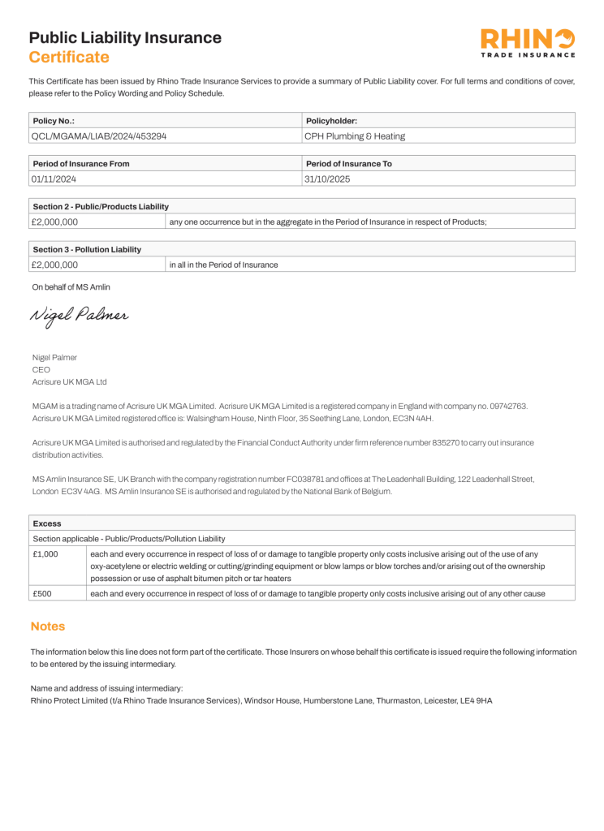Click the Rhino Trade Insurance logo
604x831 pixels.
click(527, 43)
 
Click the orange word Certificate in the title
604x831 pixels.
click(69, 57)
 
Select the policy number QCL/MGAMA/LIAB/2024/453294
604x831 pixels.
click(98, 136)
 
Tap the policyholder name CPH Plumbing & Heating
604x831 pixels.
click(355, 136)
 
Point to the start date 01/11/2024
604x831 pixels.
click(54, 179)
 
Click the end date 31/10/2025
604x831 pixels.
click(327, 179)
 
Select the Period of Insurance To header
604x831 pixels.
click(349, 164)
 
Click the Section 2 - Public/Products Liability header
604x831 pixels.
click(101, 207)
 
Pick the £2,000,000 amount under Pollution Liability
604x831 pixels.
click(54, 265)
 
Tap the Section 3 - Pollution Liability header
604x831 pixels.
click(87, 250)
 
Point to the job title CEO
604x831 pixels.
click(41, 369)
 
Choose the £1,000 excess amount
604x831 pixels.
click(45, 553)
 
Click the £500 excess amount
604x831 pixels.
click(42, 593)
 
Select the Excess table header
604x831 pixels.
click(47, 524)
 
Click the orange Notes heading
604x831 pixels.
click(48, 626)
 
